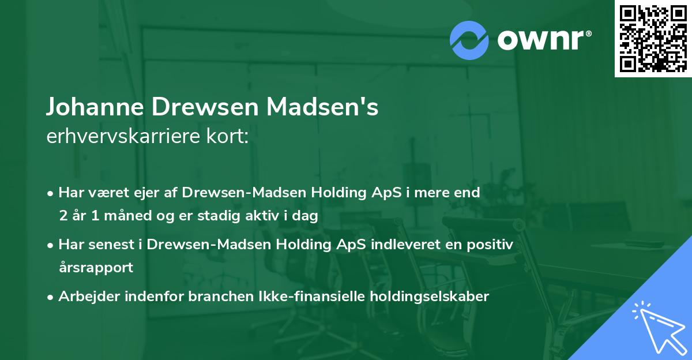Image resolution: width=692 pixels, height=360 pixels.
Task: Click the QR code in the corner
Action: (x=653, y=38)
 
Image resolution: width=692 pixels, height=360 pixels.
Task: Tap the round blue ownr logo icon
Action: (x=469, y=40)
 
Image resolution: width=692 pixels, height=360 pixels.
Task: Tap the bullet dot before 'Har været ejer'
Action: (x=51, y=193)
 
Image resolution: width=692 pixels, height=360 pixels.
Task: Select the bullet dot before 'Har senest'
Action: (x=51, y=245)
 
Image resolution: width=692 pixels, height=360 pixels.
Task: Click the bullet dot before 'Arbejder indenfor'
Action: (x=51, y=297)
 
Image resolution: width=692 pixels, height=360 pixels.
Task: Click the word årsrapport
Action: (x=96, y=268)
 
